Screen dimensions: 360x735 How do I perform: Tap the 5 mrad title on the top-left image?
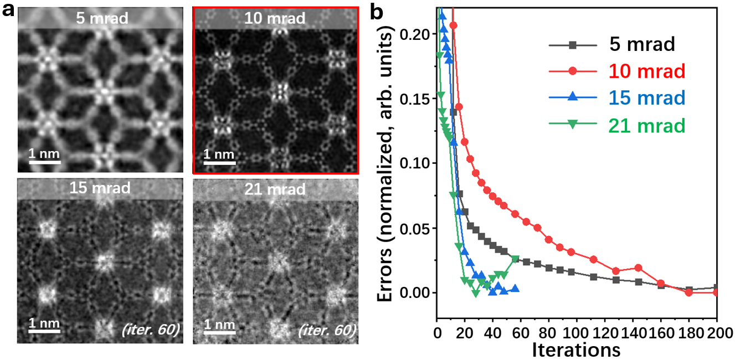click(x=102, y=18)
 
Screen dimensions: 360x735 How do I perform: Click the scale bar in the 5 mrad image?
click(x=44, y=162)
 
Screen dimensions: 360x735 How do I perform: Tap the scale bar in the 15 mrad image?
click(x=44, y=332)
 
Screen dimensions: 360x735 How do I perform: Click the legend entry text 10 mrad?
click(x=646, y=71)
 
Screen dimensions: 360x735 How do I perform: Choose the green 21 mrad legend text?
click(x=646, y=125)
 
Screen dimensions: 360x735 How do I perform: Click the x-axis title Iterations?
click(x=576, y=349)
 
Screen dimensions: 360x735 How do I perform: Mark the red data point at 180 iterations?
click(x=689, y=292)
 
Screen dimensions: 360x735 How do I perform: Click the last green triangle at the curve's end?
click(x=515, y=259)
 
